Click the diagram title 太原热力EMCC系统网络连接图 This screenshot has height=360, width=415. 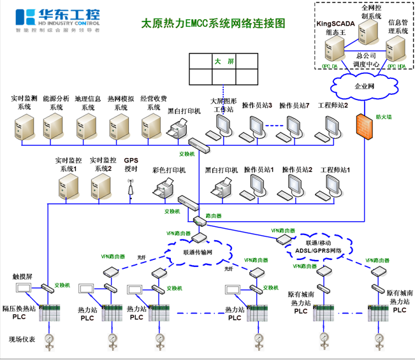click(x=213, y=24)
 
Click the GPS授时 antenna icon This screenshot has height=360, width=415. click(x=131, y=189)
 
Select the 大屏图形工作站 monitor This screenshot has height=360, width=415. click(x=223, y=127)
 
